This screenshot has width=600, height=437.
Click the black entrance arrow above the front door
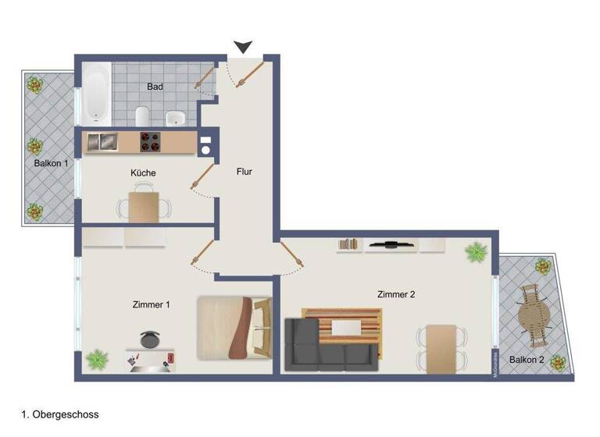click(244, 47)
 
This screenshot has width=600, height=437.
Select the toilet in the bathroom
click(142, 115)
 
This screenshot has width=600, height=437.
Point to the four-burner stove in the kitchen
click(150, 142)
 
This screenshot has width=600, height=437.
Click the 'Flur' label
click(245, 172)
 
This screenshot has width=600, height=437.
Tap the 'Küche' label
click(143, 172)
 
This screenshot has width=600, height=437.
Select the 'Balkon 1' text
click(51, 164)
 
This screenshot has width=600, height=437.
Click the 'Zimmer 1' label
click(152, 304)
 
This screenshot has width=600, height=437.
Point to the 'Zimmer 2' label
click(395, 294)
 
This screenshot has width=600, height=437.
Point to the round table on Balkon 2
click(534, 316)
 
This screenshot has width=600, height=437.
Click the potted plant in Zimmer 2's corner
click(476, 252)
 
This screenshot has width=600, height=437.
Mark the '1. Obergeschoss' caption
click(59, 415)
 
